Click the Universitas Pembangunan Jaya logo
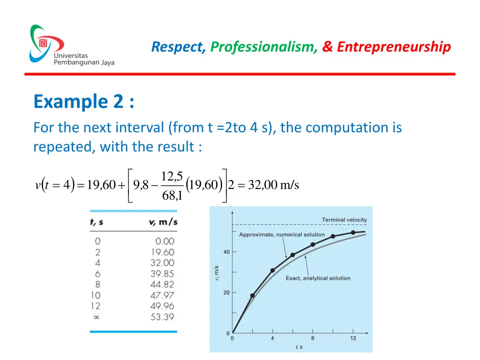tap(70, 45)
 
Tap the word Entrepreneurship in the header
tap(394, 47)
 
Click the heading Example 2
tap(84, 102)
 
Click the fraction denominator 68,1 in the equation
tap(172, 195)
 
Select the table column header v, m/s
tap(161, 222)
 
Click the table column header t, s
tap(97, 222)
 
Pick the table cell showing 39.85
tap(162, 274)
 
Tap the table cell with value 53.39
tap(162, 317)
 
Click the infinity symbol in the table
tap(97, 317)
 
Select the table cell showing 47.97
tap(162, 295)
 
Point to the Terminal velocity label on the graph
tap(344, 220)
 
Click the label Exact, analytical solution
tap(318, 278)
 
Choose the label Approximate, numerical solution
tap(282, 235)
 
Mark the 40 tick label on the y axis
tap(226, 252)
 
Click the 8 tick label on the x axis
tap(313, 338)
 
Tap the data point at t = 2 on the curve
tap(253, 296)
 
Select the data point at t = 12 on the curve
tap(353, 232)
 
